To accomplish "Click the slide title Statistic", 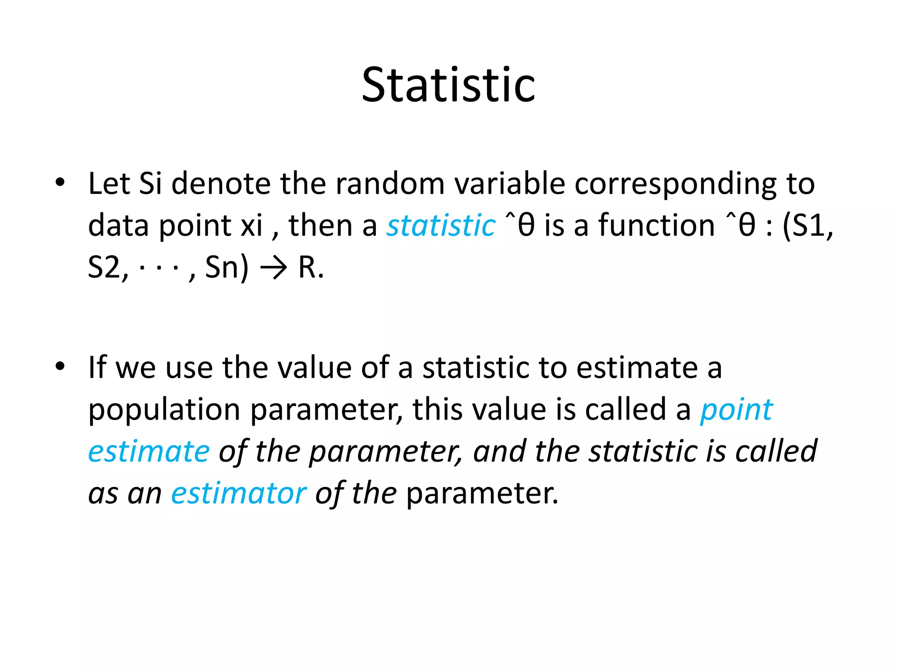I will click(448, 85).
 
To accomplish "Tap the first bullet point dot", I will click(60, 182).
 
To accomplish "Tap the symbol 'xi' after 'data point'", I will click(251, 226).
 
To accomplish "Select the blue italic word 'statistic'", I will click(441, 226).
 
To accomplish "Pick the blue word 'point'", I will click(736, 410).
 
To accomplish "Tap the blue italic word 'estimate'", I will click(149, 451).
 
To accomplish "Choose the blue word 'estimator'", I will click(239, 493).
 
